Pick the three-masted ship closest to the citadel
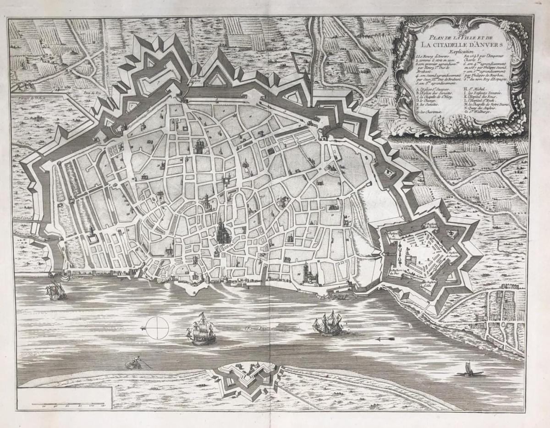pos(328,324)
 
